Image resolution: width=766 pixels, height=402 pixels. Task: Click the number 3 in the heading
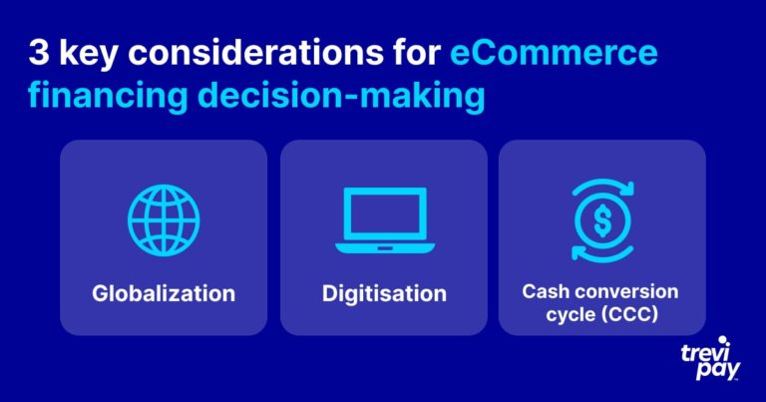click(39, 52)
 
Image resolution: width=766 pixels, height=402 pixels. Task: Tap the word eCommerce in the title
click(554, 52)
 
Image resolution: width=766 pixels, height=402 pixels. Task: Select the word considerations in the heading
click(255, 52)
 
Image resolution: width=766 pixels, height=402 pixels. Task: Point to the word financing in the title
click(108, 96)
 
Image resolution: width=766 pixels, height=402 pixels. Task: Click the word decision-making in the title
click(341, 96)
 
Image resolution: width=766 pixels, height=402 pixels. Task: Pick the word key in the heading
click(89, 54)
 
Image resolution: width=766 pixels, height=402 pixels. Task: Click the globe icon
click(164, 220)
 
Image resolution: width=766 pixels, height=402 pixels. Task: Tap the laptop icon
click(385, 220)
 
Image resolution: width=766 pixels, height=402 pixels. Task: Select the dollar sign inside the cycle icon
click(602, 220)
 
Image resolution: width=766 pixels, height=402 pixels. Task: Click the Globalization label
click(164, 293)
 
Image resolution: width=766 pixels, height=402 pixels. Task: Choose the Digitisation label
click(384, 293)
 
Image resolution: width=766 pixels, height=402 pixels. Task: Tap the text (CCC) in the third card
click(630, 314)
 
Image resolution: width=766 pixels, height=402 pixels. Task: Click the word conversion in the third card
click(628, 291)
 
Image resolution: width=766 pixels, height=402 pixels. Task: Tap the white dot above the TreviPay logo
click(722, 340)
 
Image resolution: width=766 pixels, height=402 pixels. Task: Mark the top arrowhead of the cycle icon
click(627, 189)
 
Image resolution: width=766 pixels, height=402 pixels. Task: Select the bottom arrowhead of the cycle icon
click(578, 253)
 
